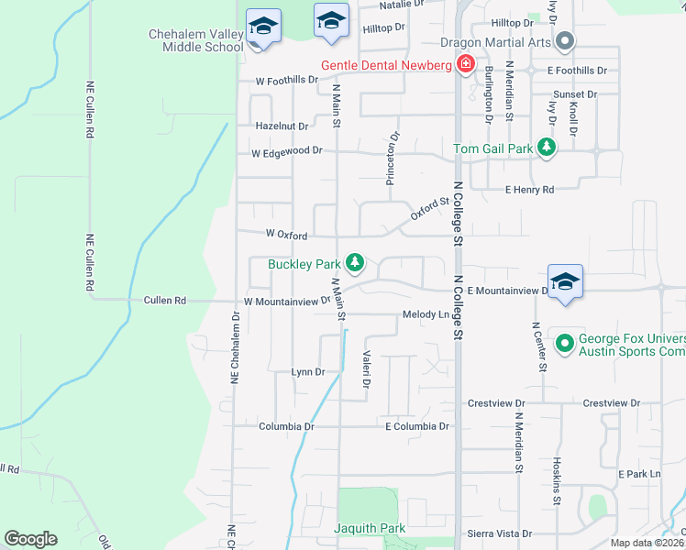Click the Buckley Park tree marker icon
355,263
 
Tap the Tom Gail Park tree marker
547,148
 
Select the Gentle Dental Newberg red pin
466,64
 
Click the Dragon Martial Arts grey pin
565,41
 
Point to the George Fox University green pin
565,344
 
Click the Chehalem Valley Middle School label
196,40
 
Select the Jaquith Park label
370,528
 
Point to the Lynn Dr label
308,371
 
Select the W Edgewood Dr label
288,151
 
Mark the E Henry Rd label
530,190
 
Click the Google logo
30,539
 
